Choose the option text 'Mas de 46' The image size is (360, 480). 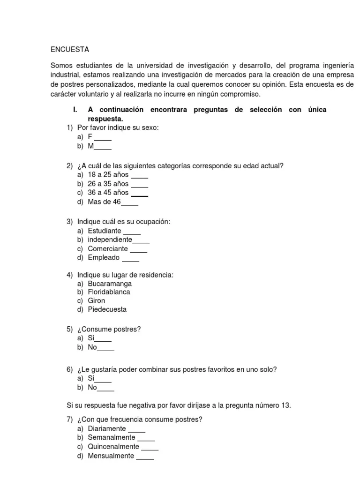click(x=104, y=202)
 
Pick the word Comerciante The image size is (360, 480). click(x=108, y=248)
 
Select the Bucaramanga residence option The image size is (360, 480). click(x=110, y=284)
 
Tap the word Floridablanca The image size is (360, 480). click(x=109, y=292)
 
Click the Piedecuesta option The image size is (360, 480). click(x=107, y=309)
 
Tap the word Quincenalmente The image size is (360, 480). click(x=113, y=447)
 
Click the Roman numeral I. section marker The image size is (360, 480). click(x=75, y=109)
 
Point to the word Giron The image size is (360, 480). click(x=97, y=300)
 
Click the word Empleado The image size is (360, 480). click(x=104, y=257)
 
